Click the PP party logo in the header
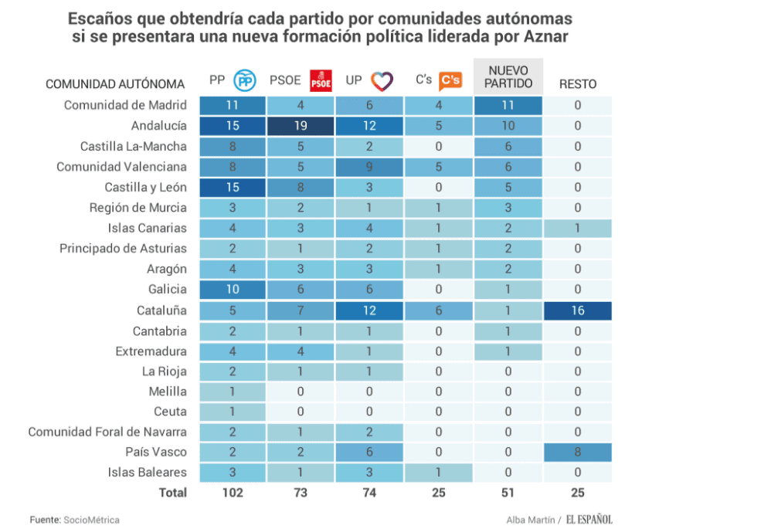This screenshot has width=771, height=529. (x=245, y=80)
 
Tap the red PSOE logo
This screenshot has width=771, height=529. (x=320, y=80)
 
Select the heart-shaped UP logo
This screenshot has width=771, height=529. (x=382, y=80)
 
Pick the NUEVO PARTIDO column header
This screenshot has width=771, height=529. (x=508, y=76)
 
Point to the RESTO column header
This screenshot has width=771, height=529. (x=577, y=84)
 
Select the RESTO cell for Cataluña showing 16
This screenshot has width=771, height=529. (x=577, y=310)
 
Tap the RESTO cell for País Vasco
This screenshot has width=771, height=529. (x=577, y=452)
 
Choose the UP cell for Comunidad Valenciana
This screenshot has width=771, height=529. (x=370, y=166)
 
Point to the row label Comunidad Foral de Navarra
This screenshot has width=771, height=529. (x=107, y=432)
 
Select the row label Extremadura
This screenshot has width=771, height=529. (x=151, y=351)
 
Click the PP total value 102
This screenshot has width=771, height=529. (x=232, y=493)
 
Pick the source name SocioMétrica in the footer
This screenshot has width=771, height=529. (x=91, y=520)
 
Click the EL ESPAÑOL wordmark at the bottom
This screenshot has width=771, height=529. (x=589, y=520)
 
